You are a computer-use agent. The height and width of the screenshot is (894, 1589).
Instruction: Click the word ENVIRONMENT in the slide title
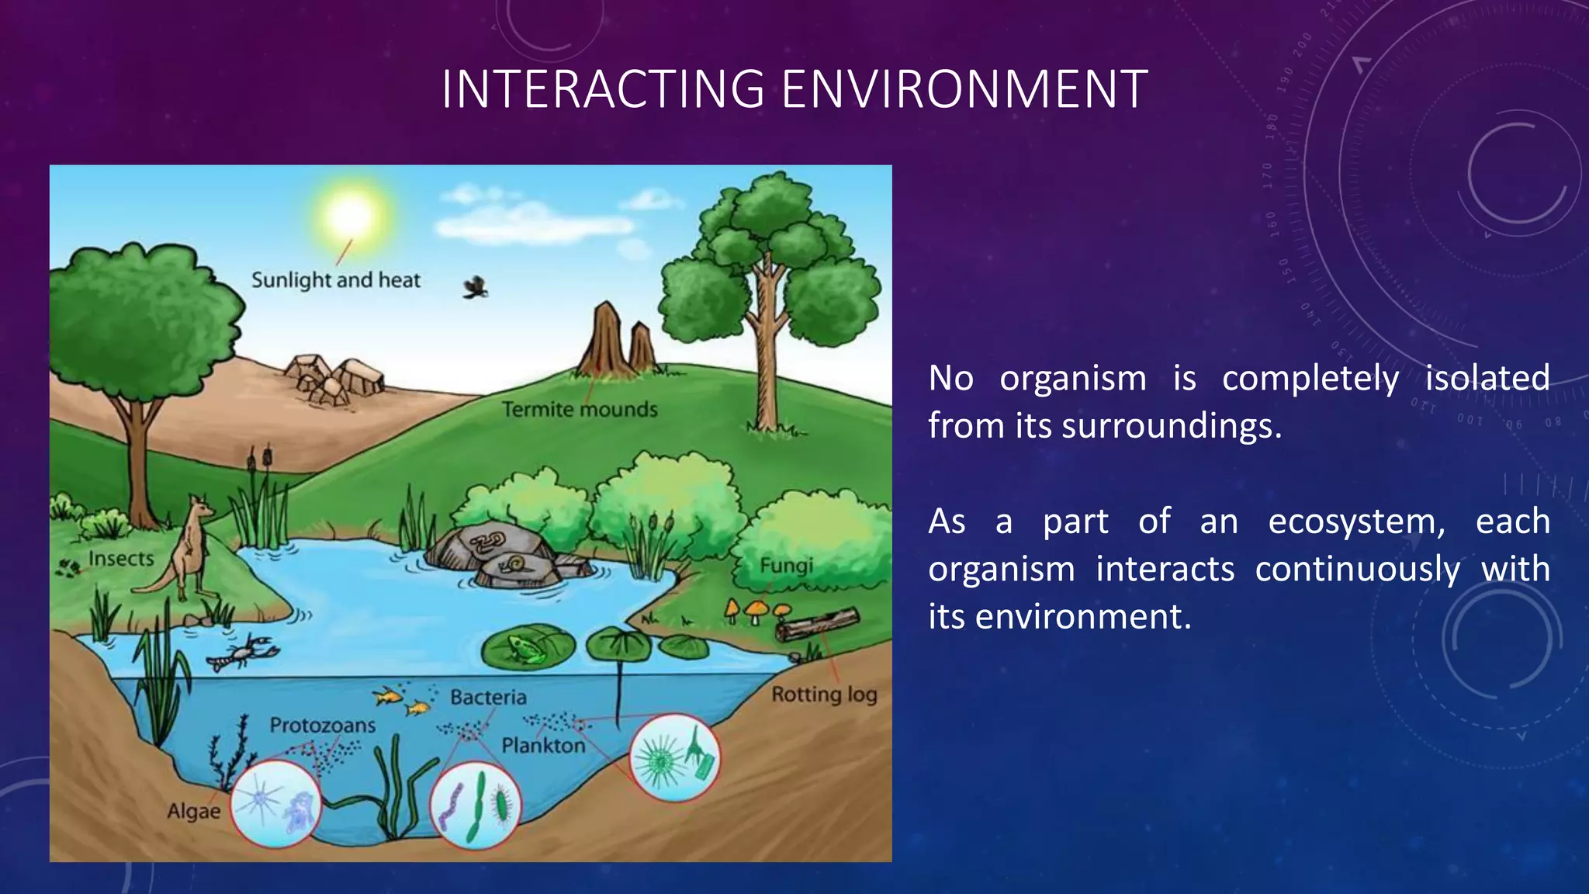(x=964, y=89)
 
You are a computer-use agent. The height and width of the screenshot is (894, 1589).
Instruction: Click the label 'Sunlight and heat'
(x=335, y=280)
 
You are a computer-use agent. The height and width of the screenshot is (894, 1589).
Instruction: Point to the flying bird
(x=476, y=288)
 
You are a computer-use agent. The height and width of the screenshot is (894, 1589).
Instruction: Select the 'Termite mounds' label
(x=579, y=410)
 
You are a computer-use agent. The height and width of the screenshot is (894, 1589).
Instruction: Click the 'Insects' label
(x=121, y=559)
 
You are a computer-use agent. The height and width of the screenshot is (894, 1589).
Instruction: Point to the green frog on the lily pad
(x=525, y=649)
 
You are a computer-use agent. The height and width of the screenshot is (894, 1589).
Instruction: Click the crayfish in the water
(x=244, y=652)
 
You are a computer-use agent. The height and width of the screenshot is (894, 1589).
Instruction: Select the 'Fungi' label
(x=786, y=566)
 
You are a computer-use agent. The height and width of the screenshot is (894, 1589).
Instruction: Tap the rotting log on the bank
(x=818, y=624)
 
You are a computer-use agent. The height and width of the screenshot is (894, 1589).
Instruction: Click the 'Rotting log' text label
(x=824, y=695)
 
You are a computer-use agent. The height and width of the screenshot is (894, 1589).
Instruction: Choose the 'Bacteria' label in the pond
(x=488, y=698)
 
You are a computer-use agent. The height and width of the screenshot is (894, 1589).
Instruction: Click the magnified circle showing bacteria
(x=476, y=806)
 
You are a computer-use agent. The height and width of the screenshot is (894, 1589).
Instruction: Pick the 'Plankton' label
(x=543, y=746)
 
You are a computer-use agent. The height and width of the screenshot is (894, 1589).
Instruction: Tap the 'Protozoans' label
(x=322, y=726)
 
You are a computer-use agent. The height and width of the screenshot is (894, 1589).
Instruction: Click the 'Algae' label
(x=194, y=812)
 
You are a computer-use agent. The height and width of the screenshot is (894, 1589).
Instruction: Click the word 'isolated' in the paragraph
(x=1487, y=379)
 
